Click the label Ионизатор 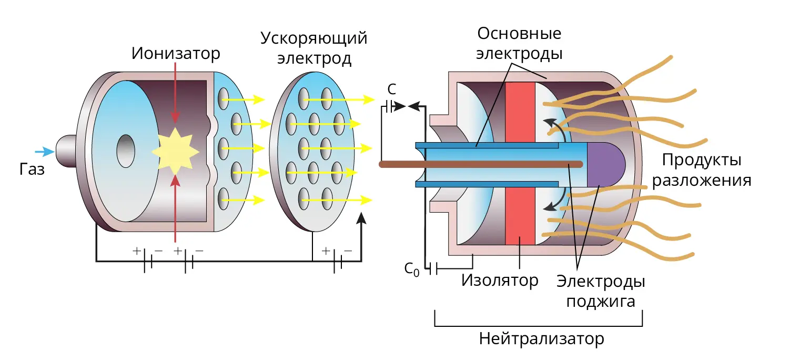(176, 54)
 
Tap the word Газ (32, 169)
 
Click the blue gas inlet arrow (45, 152)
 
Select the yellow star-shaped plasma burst (175, 152)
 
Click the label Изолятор (500, 281)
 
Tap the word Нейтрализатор (541, 339)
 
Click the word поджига (601, 302)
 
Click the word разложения (702, 181)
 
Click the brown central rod (481, 164)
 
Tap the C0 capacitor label (412, 269)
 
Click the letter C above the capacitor (392, 89)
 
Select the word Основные (519, 34)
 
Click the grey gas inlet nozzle (66, 151)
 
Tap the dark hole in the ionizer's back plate (126, 151)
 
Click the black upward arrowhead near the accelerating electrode (361, 218)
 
